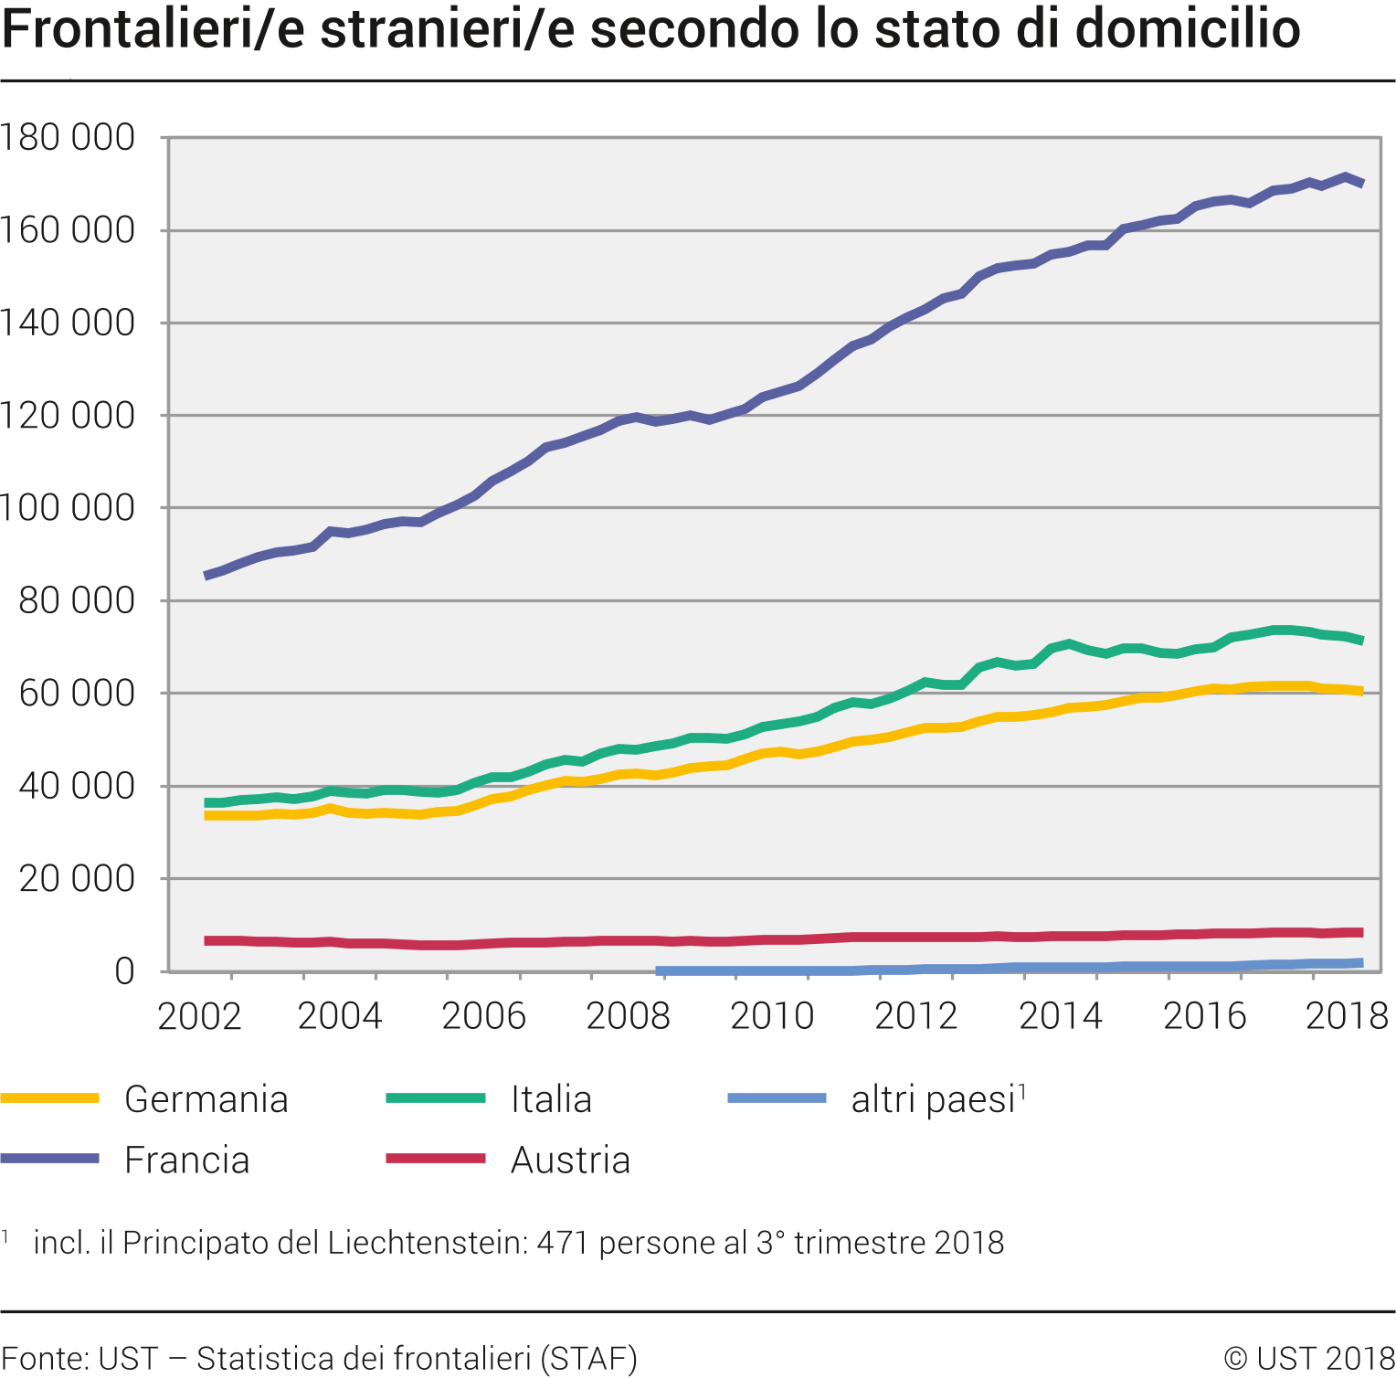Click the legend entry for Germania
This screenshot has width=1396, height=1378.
click(x=206, y=1099)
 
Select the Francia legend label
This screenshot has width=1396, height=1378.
click(x=186, y=1161)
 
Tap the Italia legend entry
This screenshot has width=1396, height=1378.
click(x=551, y=1099)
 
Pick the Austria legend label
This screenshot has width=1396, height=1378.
click(x=570, y=1161)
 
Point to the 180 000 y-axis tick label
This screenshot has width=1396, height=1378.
click(x=68, y=138)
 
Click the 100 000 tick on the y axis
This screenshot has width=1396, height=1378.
click(x=68, y=508)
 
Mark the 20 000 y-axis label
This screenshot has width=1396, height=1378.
click(x=77, y=879)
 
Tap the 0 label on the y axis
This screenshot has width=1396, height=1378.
click(x=124, y=971)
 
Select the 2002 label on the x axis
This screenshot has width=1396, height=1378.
click(x=199, y=1016)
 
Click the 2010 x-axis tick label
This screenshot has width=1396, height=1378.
click(x=772, y=1016)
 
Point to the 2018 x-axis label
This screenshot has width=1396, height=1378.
click(x=1347, y=1016)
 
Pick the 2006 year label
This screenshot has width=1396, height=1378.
click(x=483, y=1016)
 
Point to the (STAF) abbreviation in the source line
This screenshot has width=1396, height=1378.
click(x=588, y=1359)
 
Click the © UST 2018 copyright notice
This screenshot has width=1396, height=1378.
click(x=1308, y=1359)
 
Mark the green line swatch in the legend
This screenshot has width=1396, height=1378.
click(x=436, y=1098)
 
